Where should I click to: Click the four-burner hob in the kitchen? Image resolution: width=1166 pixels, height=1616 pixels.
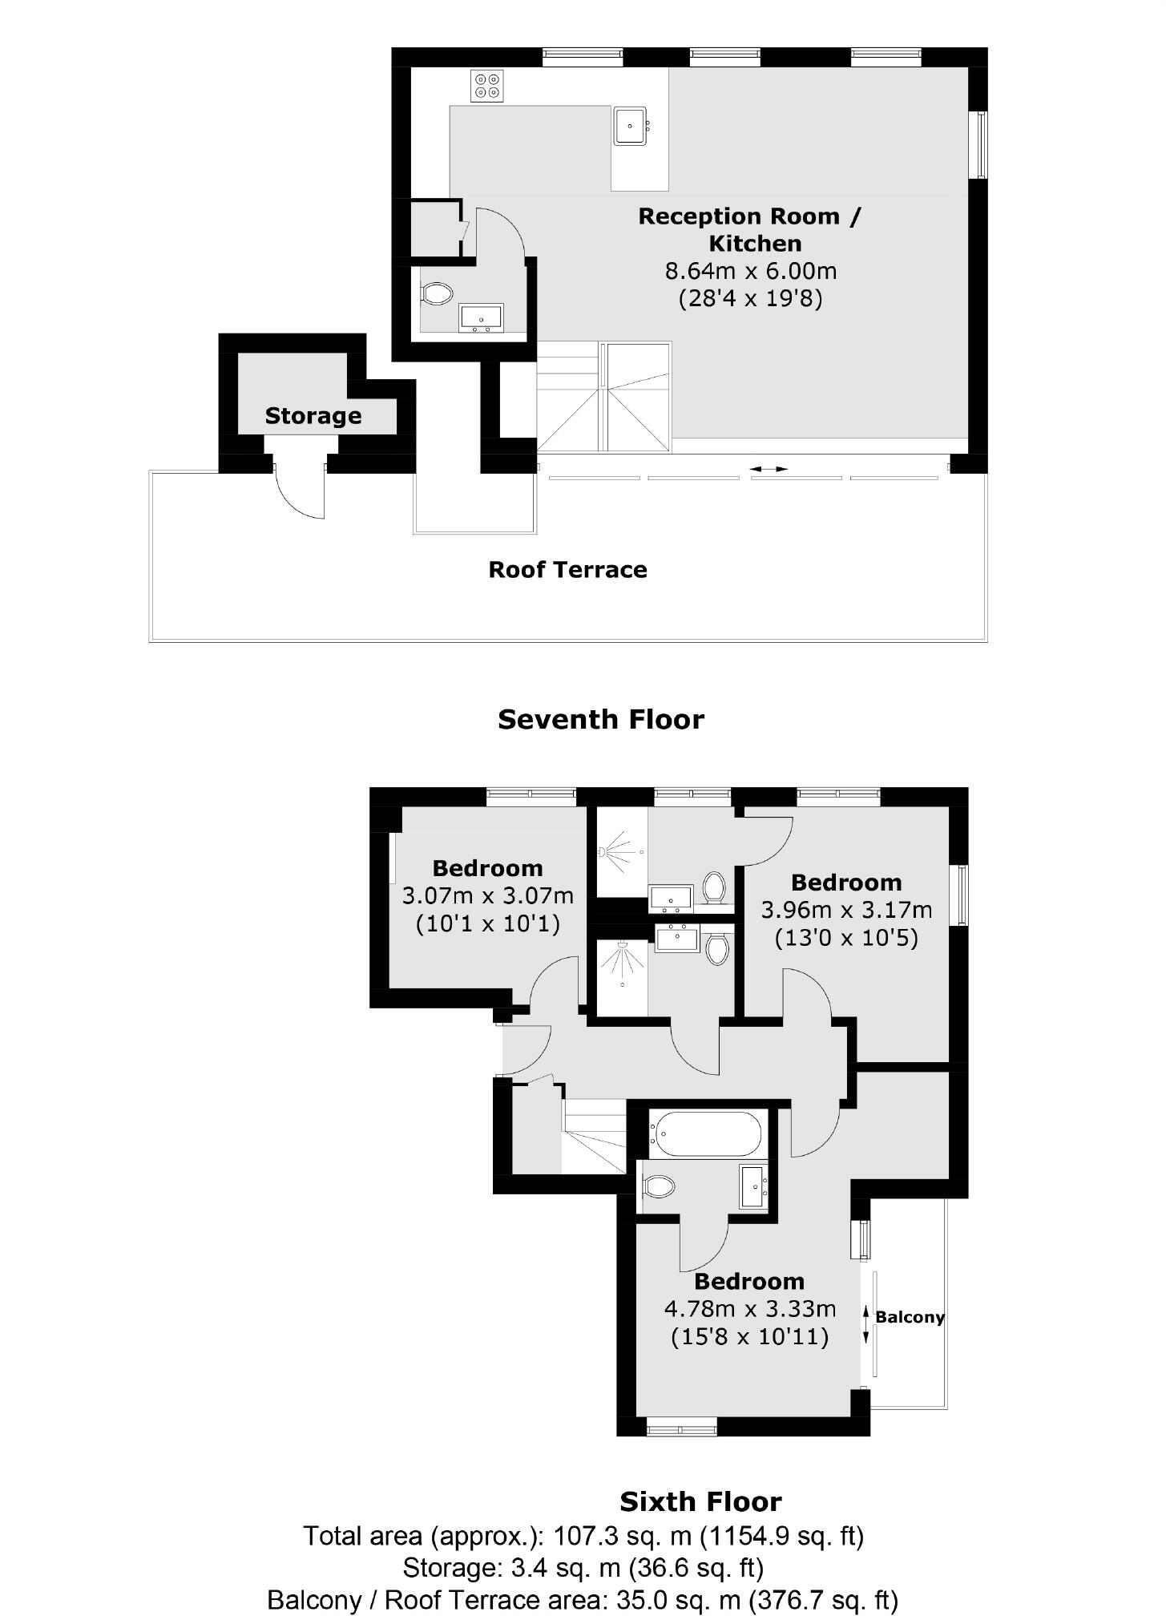[x=487, y=86]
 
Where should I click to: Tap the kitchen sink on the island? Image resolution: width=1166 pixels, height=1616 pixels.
[x=630, y=126]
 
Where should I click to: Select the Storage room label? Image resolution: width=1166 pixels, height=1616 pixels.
[x=313, y=416]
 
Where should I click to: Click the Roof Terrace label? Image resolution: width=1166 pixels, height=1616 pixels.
[x=567, y=570]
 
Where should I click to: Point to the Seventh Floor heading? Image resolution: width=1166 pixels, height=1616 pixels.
[x=600, y=719]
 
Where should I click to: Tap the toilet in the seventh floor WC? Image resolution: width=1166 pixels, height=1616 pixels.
[x=437, y=293]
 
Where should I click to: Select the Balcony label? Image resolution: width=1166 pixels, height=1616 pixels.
[x=909, y=1316]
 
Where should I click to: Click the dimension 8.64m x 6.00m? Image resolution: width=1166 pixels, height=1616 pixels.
[x=750, y=271]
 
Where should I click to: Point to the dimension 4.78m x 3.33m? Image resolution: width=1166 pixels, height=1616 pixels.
[x=749, y=1308]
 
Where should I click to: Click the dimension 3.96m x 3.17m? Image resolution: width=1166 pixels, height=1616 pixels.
[x=845, y=910]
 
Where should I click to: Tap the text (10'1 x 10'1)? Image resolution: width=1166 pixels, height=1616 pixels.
[x=487, y=923]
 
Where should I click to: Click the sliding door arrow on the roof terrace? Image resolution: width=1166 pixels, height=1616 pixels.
[x=769, y=469]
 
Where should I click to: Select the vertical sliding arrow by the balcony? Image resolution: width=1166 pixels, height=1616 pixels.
[x=865, y=1324]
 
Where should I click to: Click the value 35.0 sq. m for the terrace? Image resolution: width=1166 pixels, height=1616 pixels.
[x=678, y=1600]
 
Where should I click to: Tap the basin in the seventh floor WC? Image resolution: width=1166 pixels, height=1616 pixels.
[x=481, y=317]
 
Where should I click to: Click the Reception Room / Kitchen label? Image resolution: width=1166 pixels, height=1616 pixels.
[x=750, y=229]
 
